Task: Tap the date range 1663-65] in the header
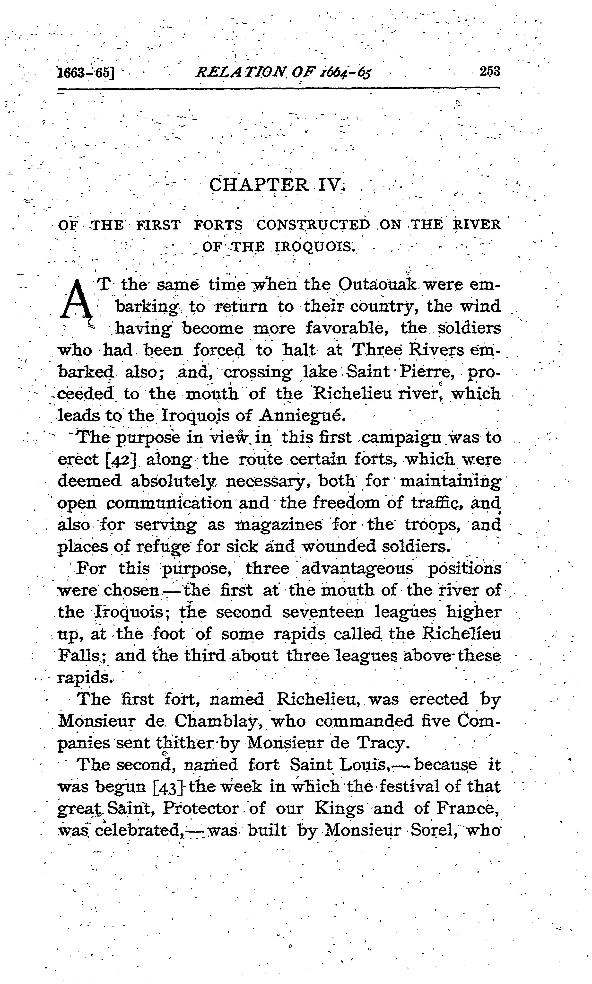(85, 73)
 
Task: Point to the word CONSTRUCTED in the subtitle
(313, 225)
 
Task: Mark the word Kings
(339, 809)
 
